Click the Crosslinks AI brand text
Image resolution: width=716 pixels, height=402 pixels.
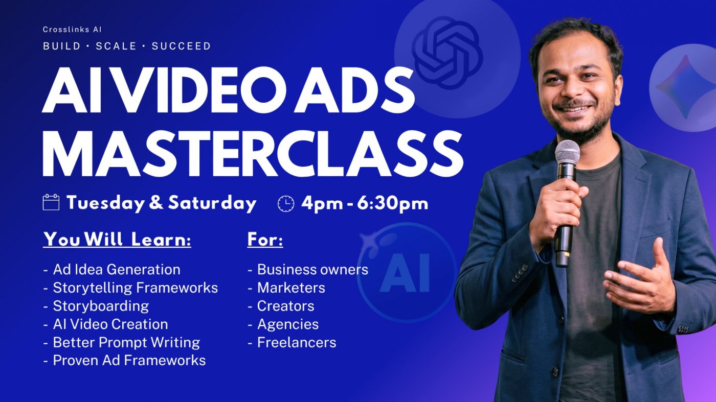[x=72, y=30]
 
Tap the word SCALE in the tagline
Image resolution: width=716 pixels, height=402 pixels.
[x=117, y=46]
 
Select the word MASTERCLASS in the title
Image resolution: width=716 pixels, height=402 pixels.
[x=253, y=153]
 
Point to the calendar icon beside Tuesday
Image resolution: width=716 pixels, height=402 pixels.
[x=51, y=202]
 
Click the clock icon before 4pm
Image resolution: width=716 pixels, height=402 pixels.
[x=286, y=203]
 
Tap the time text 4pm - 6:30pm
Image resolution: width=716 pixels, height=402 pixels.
[x=365, y=203]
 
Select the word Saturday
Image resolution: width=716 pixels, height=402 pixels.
[x=212, y=203]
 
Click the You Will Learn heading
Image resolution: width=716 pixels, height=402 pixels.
[x=117, y=240]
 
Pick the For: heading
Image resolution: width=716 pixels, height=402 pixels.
[x=265, y=240]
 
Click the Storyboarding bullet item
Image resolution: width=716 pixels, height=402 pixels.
[x=96, y=306]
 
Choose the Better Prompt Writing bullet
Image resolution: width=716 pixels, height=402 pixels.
[x=122, y=342]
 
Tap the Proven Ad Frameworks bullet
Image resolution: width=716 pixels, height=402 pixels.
[x=124, y=361]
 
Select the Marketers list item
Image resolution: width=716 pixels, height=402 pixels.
[x=286, y=288]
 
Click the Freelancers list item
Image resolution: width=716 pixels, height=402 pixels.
[x=292, y=342]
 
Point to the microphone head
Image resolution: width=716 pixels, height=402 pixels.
[x=567, y=152]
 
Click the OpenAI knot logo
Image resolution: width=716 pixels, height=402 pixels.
[x=447, y=53]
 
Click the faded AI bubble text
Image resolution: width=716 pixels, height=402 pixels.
[x=405, y=272]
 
